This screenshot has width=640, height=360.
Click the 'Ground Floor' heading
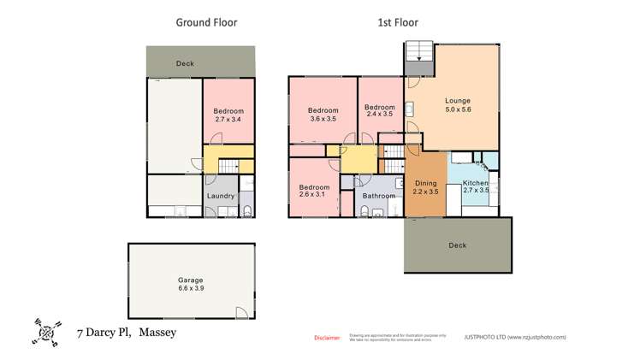coord(206,23)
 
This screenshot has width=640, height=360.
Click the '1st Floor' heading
coord(398,23)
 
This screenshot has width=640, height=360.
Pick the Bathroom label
coord(378,196)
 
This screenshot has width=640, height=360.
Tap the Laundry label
coord(220,196)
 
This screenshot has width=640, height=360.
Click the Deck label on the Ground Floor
coord(185,63)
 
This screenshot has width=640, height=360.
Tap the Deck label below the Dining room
coord(457,245)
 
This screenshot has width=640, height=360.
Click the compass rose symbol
coord(46,331)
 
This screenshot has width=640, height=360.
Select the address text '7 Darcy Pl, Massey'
coord(126,332)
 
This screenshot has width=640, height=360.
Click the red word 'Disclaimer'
coord(326,338)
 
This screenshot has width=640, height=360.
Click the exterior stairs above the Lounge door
coord(419,52)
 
